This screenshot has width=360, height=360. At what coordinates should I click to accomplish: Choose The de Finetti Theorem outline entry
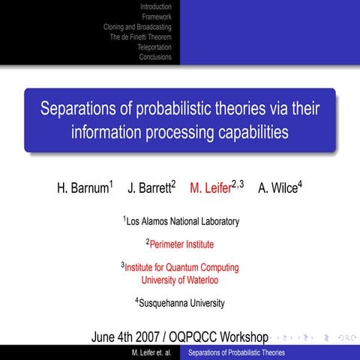(140, 36)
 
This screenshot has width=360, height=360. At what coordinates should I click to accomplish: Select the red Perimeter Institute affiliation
(181, 244)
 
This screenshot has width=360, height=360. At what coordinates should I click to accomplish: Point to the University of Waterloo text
(180, 279)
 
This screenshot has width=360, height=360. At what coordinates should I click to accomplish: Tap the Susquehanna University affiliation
(181, 303)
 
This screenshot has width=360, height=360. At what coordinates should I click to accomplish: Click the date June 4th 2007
(128, 336)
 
